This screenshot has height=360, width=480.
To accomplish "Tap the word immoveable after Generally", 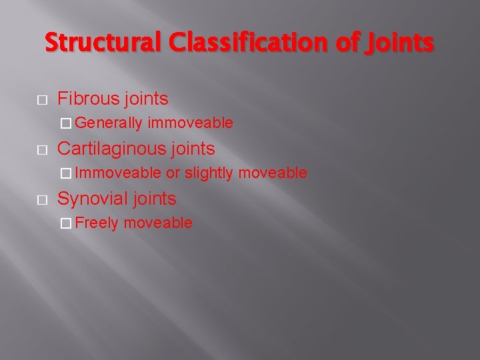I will click(x=191, y=123).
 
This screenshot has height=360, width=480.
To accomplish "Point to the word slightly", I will click(x=209, y=173).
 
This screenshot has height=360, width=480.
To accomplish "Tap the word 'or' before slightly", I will click(x=173, y=173).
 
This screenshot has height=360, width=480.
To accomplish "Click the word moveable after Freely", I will click(x=158, y=223).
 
